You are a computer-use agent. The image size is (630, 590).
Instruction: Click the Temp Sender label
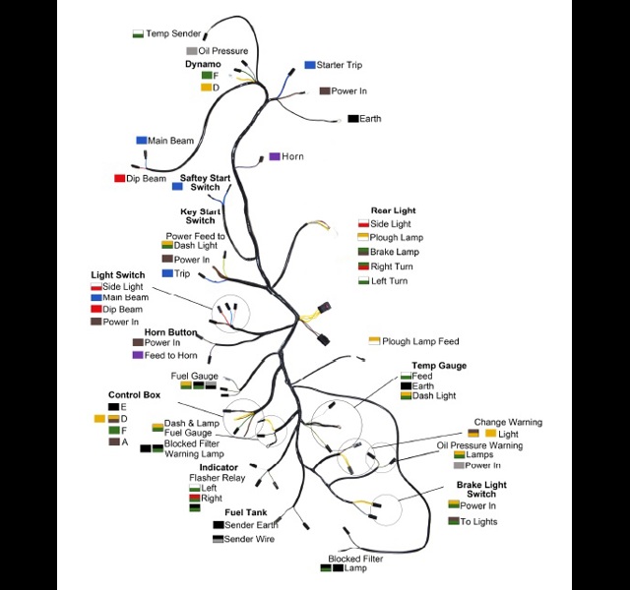(173, 33)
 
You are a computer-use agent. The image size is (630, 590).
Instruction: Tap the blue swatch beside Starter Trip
(310, 65)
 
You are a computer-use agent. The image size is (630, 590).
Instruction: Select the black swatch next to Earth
(353, 119)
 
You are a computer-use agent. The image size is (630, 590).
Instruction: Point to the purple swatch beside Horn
(275, 156)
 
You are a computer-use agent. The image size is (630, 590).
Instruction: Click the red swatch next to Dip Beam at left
(120, 178)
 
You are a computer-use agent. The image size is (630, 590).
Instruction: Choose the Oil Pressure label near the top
(223, 51)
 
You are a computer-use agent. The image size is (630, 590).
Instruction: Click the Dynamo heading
(203, 64)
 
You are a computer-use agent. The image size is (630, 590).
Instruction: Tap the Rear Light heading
(393, 210)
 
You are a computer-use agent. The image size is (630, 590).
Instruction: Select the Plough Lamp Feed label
(420, 341)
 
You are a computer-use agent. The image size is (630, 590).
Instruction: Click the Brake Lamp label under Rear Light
(395, 252)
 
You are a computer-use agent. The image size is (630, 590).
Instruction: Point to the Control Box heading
(134, 395)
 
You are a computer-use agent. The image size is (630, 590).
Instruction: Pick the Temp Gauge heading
(439, 366)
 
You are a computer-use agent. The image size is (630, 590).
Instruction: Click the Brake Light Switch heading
(481, 490)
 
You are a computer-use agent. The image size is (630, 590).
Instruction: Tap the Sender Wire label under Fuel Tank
(249, 539)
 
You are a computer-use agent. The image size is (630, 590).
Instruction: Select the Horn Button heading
(170, 332)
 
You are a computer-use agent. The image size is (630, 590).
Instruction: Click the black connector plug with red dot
(325, 309)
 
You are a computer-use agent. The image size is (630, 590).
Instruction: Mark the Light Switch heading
(118, 275)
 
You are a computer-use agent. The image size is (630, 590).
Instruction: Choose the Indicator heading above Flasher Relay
(219, 468)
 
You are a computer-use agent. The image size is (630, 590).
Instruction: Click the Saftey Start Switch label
(205, 183)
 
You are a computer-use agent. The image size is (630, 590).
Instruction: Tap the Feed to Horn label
(170, 356)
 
